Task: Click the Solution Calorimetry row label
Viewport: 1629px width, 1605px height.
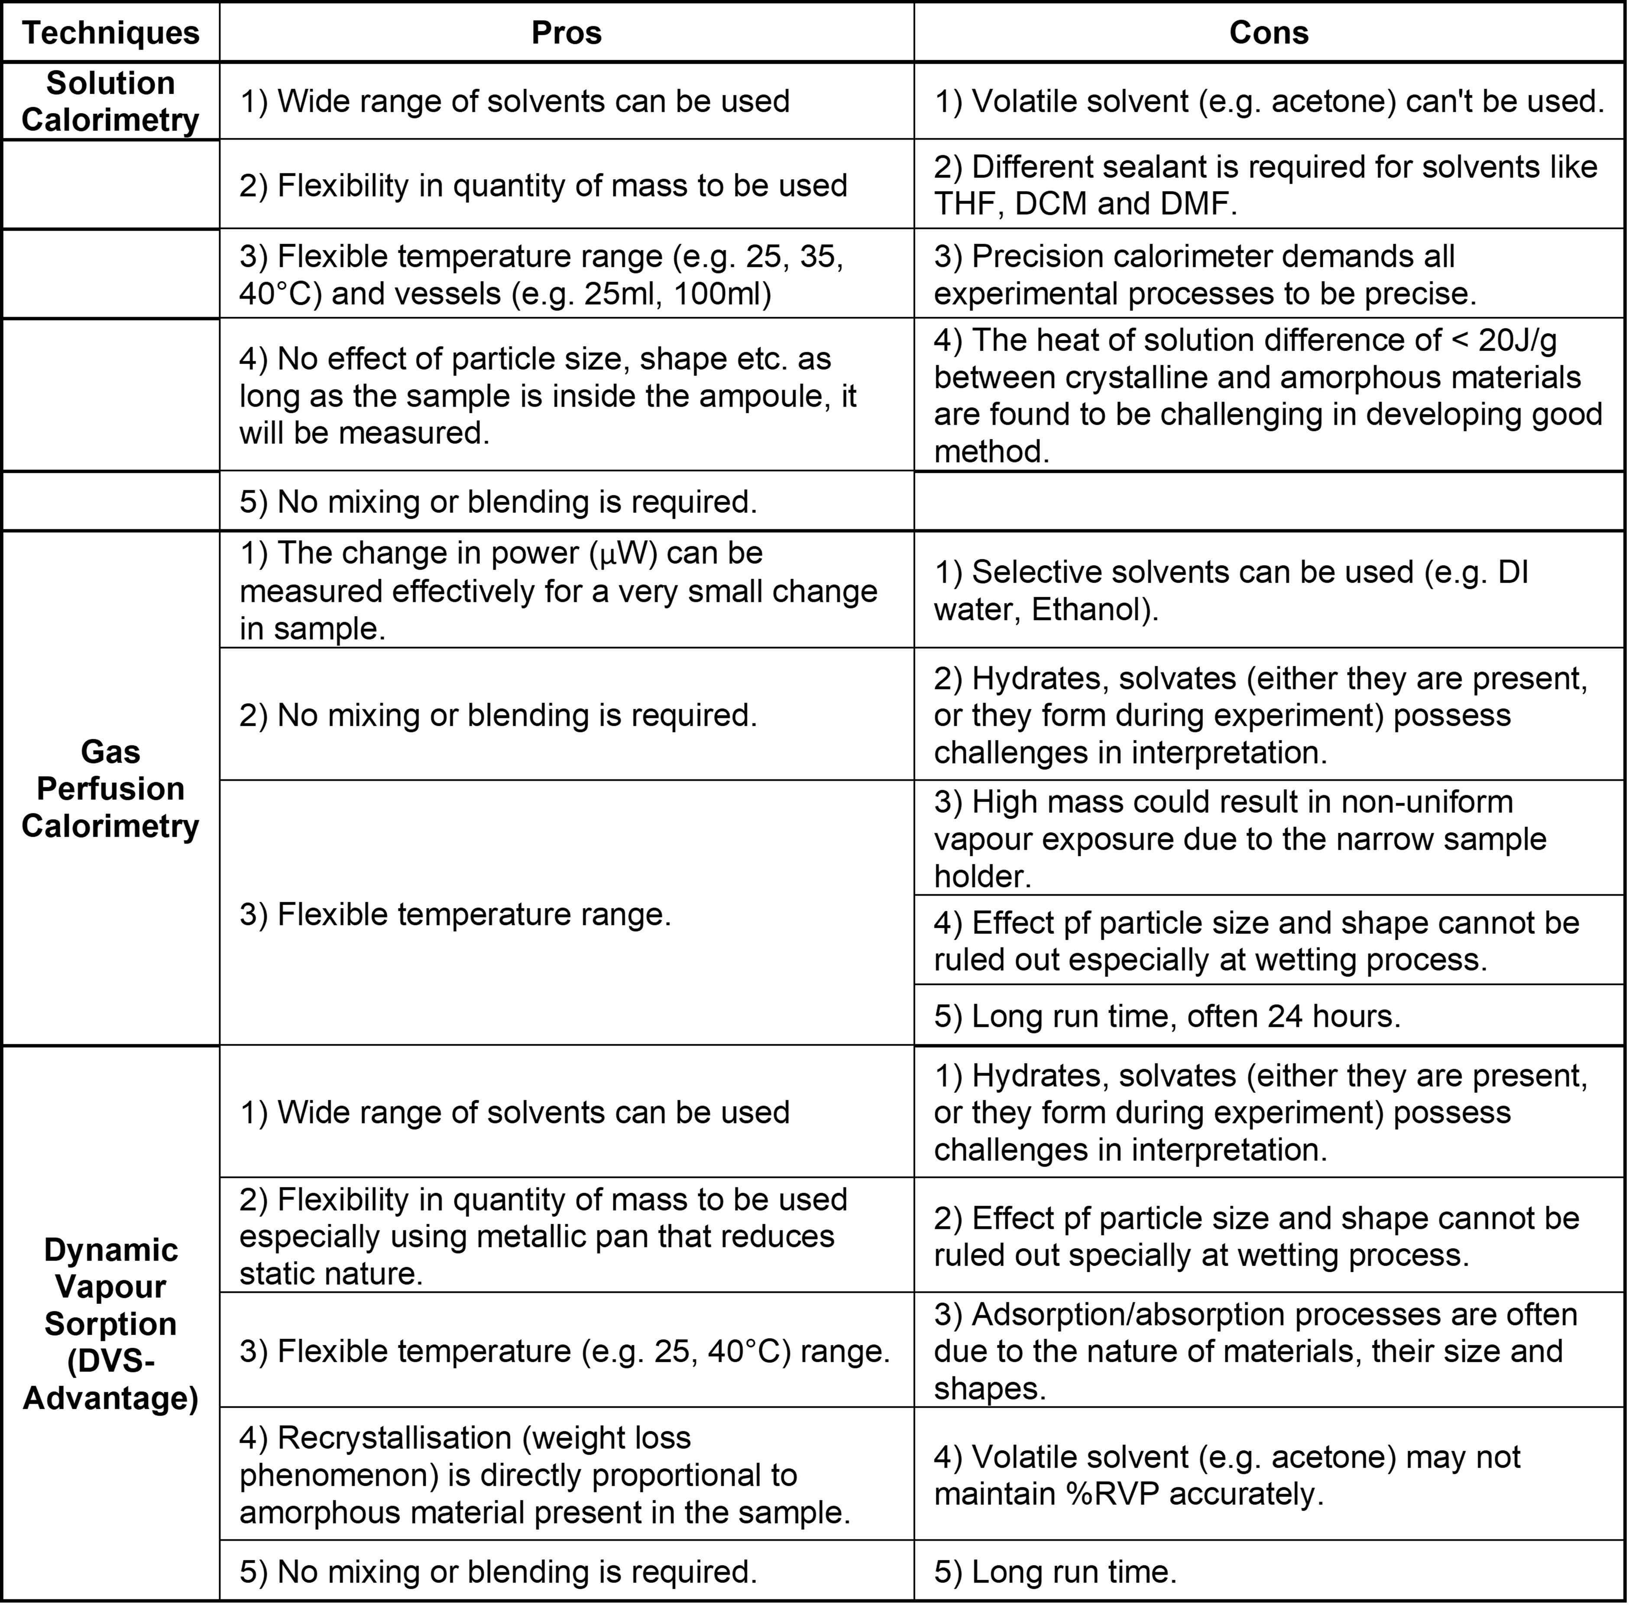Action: [110, 101]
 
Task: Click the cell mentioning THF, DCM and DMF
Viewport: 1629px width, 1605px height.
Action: [1268, 185]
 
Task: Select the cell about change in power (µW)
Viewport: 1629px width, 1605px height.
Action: [566, 590]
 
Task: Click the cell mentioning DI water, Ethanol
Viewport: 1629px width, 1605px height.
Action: [1268, 590]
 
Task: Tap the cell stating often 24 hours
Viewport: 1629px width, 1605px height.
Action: [1268, 1016]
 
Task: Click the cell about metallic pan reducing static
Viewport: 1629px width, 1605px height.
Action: [566, 1236]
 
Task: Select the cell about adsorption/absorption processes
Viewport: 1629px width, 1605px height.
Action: [1268, 1350]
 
